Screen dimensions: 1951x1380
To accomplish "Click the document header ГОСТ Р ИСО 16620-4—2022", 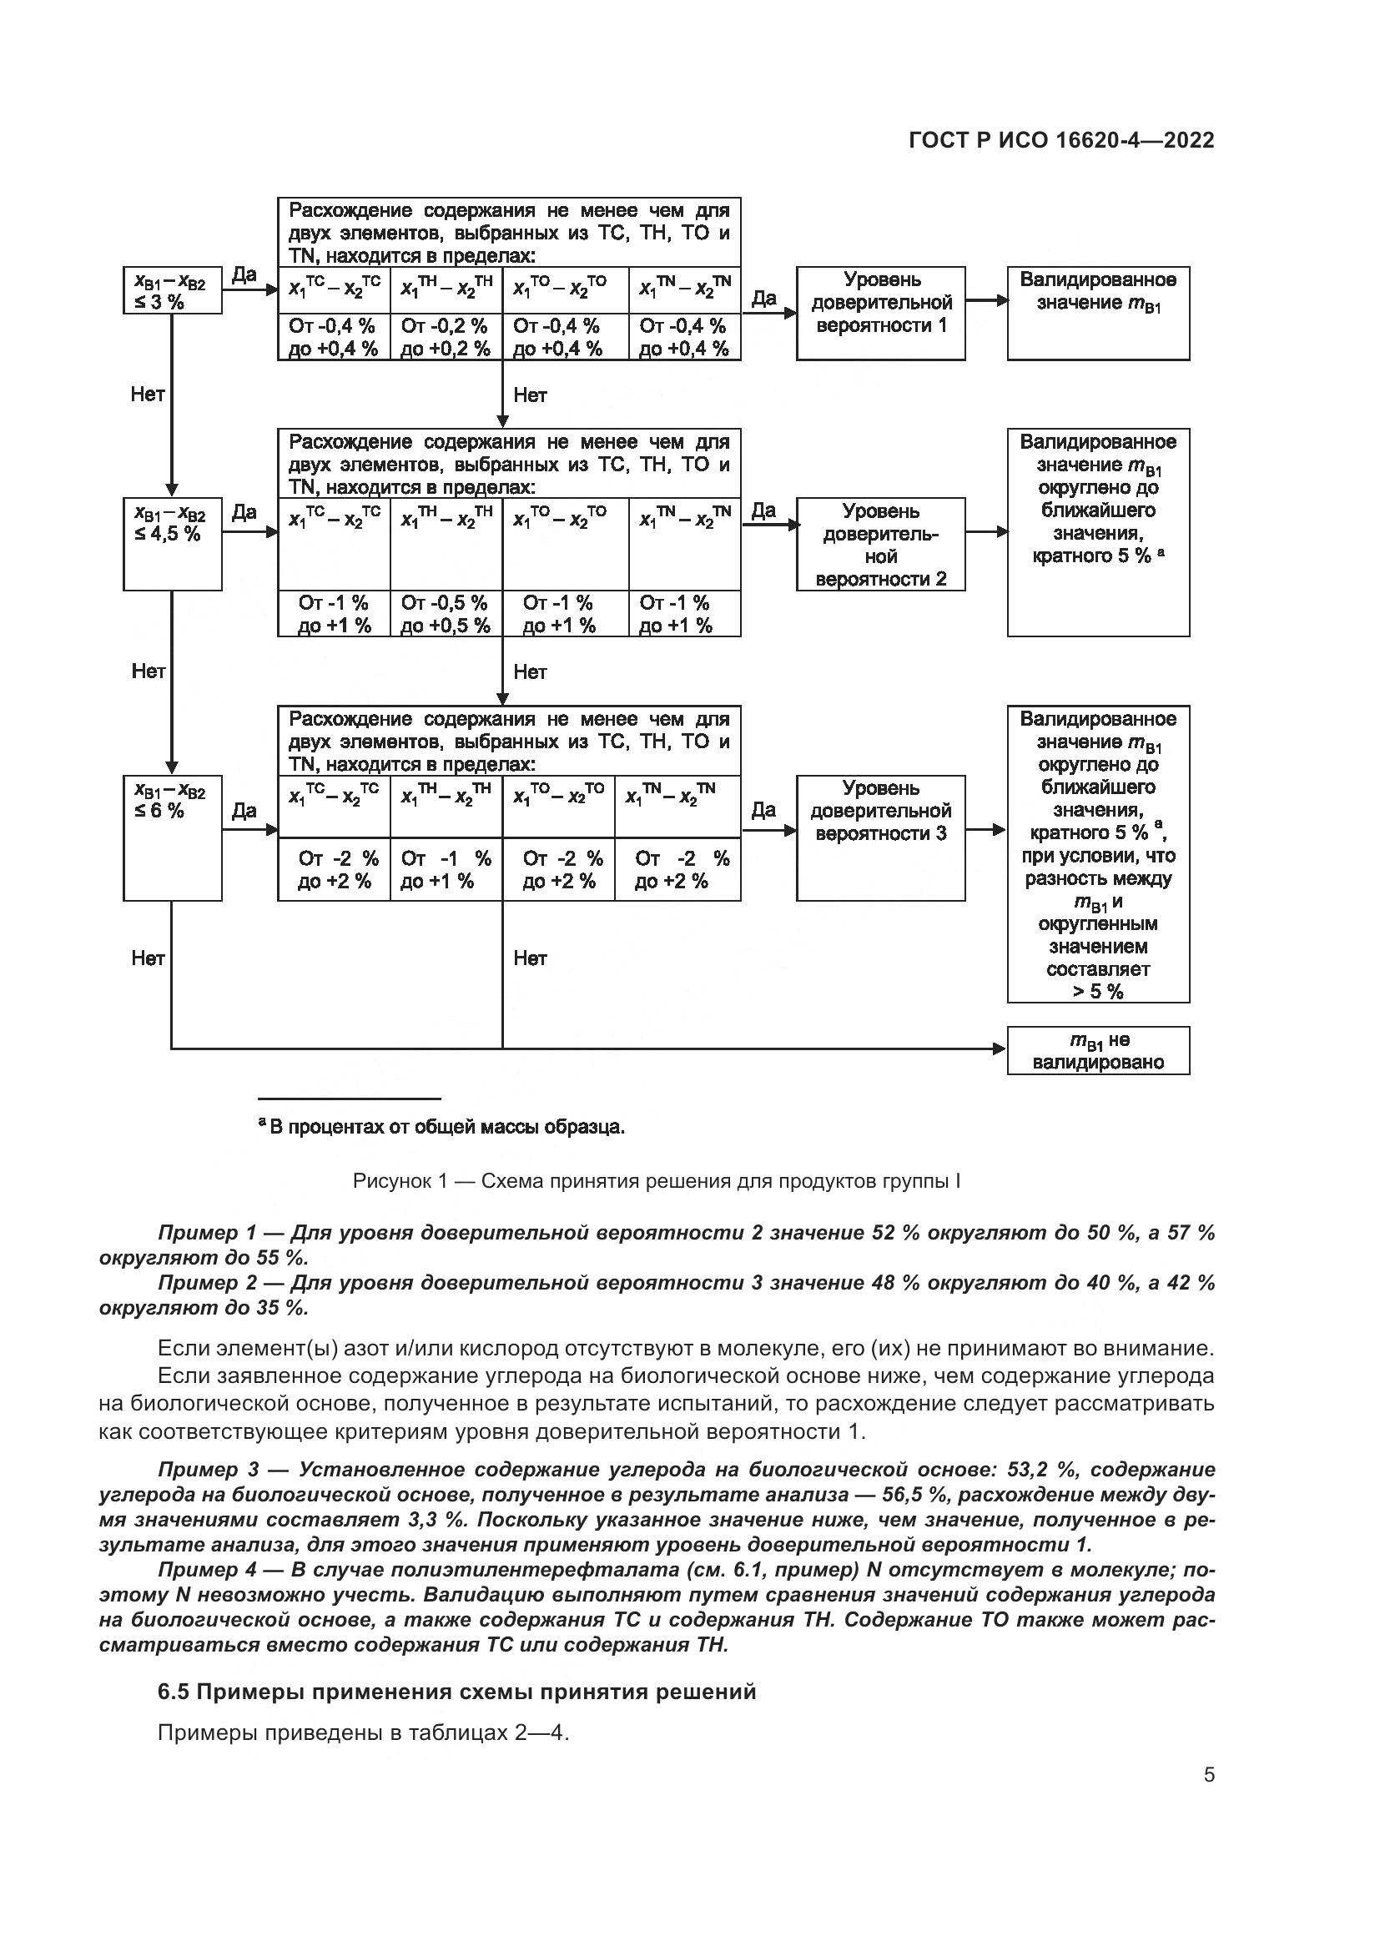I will click(1060, 141).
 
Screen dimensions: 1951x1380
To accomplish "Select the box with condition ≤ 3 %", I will click(172, 290).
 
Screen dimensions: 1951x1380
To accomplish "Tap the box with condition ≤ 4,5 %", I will click(172, 544).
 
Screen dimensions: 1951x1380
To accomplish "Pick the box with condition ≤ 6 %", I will click(172, 837).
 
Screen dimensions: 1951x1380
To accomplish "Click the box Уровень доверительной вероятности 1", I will click(880, 313).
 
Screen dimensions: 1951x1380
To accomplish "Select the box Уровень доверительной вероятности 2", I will click(880, 544).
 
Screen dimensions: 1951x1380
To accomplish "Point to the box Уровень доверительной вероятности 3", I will click(880, 837).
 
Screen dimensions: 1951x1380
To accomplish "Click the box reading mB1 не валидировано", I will click(1098, 1051).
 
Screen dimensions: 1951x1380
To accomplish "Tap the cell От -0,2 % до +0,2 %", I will click(446, 337).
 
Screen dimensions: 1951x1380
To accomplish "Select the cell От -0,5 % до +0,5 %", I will click(446, 614).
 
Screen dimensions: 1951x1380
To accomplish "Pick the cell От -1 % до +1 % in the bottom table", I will click(446, 869).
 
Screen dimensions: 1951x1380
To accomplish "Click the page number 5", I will click(1209, 1774).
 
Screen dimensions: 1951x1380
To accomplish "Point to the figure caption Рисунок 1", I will click(656, 1181).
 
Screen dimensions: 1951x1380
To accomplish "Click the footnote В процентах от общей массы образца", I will click(442, 1128).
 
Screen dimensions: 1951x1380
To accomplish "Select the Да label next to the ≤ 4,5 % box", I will click(244, 511).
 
